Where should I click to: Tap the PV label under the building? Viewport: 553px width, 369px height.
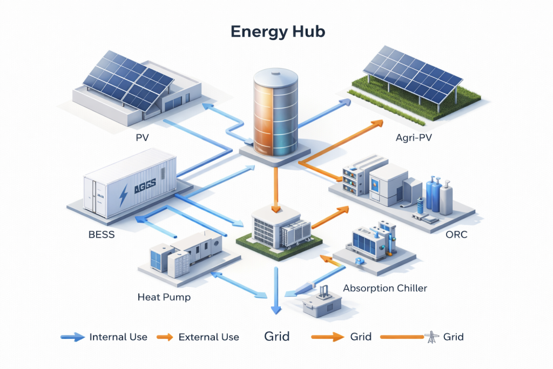click(x=143, y=138)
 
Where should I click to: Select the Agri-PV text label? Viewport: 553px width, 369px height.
click(x=414, y=138)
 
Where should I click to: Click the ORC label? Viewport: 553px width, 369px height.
click(x=457, y=236)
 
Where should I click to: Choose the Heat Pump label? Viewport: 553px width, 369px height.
click(x=164, y=297)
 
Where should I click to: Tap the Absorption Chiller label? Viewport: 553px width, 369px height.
click(x=385, y=288)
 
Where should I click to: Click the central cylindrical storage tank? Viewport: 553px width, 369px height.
click(x=275, y=113)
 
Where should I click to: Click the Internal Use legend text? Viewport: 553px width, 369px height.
click(x=118, y=337)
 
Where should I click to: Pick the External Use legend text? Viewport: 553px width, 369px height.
click(x=208, y=337)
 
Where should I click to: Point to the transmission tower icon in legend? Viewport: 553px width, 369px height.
click(x=431, y=337)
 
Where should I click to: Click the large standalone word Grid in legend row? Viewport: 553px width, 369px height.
click(x=276, y=337)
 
